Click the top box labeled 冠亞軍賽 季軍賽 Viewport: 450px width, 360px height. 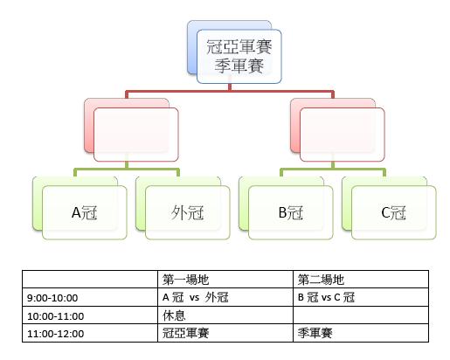point(239,57)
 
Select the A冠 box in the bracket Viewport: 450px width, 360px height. point(85,212)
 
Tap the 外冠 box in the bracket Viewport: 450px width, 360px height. point(188,212)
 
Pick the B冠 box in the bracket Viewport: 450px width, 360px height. point(291,212)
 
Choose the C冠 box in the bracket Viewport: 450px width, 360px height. point(394,212)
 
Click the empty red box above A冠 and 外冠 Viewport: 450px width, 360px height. point(136,135)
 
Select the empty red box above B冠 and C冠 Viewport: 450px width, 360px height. point(343,135)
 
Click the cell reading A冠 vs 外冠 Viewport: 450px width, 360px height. point(225,297)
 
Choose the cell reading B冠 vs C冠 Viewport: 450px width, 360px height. point(361,297)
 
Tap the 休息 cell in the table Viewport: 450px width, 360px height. point(225,315)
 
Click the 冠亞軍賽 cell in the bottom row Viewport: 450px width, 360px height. point(225,333)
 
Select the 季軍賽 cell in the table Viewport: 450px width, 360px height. point(361,333)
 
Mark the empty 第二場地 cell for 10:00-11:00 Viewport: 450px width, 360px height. point(361,315)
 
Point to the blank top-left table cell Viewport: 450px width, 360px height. point(90,280)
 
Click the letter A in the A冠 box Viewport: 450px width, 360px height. point(76,212)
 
